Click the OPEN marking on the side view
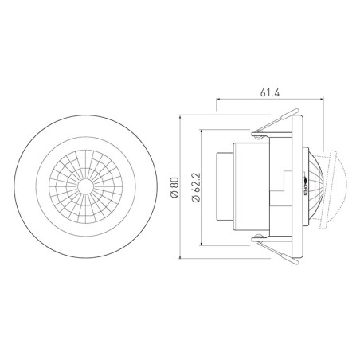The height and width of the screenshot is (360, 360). click(x=308, y=189)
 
